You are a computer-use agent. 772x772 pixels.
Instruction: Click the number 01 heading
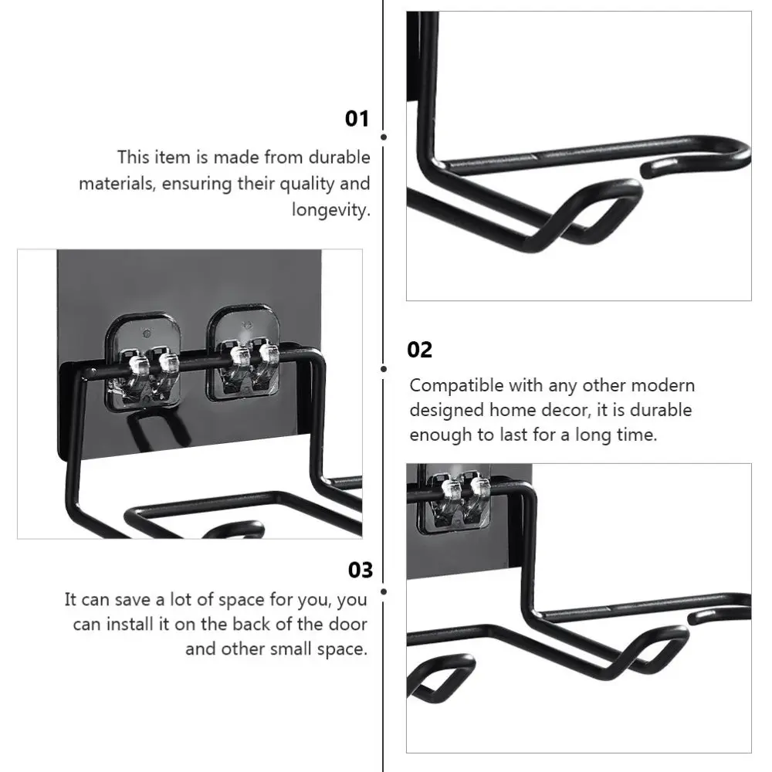pyautogui.click(x=357, y=119)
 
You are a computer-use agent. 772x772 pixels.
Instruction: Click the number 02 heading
pyautogui.click(x=420, y=350)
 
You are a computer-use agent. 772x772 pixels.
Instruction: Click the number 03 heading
pyautogui.click(x=361, y=571)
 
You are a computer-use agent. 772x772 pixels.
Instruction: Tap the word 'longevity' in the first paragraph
pyautogui.click(x=330, y=210)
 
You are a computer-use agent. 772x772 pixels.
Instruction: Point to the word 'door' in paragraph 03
pyautogui.click(x=347, y=624)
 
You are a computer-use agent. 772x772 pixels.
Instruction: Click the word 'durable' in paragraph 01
pyautogui.click(x=340, y=157)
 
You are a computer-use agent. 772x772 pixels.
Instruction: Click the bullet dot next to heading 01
pyautogui.click(x=384, y=137)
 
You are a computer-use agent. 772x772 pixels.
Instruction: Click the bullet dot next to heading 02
pyautogui.click(x=384, y=369)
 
